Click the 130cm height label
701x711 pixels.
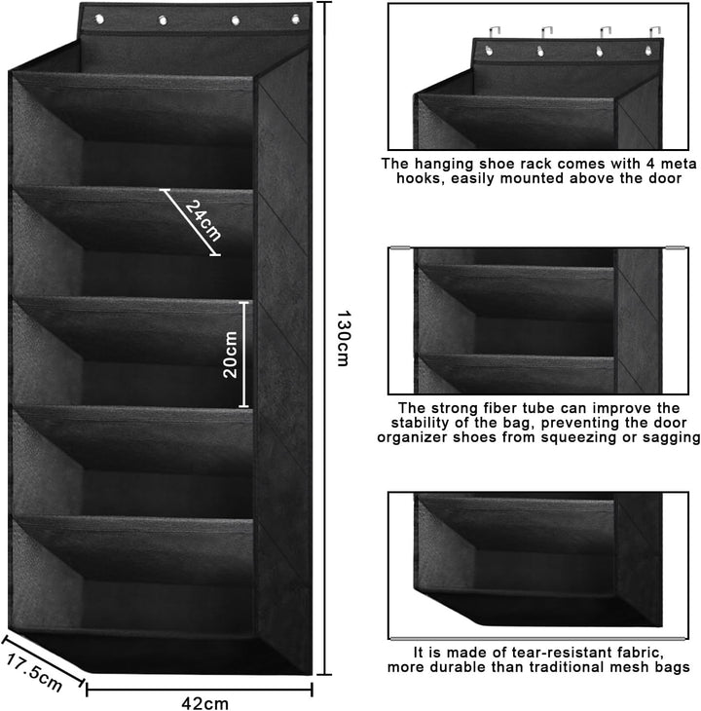tap(343, 338)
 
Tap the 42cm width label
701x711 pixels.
tap(204, 703)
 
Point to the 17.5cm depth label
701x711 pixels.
tap(33, 673)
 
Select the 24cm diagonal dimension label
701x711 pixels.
tap(203, 220)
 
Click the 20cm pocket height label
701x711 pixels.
tap(230, 355)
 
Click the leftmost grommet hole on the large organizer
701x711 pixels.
tap(99, 19)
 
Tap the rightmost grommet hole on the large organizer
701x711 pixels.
tap(295, 19)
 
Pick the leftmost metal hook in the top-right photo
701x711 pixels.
tap(495, 33)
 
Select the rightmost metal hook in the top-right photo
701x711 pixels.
tap(653, 33)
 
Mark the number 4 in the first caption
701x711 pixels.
tap(652, 164)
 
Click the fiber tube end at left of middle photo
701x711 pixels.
tap(399, 247)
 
